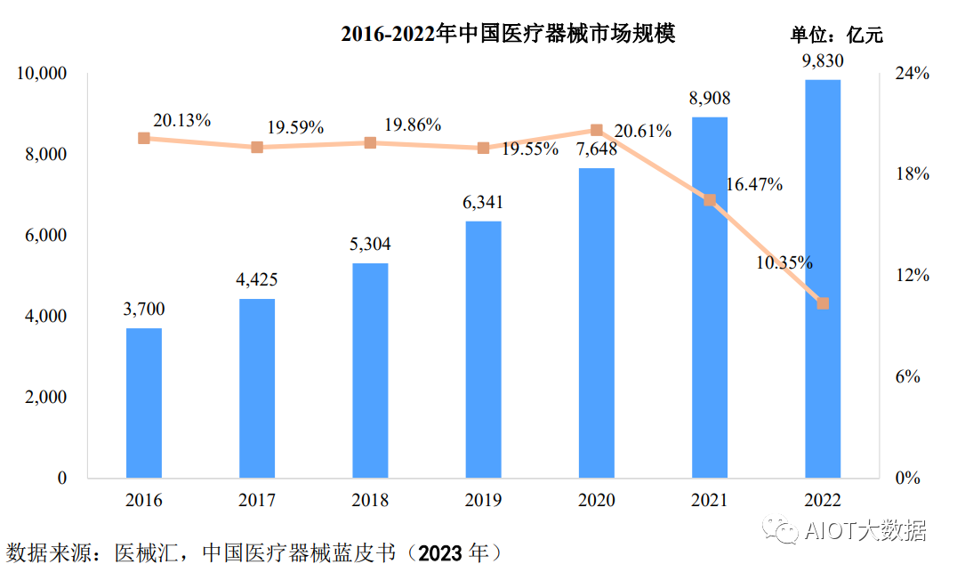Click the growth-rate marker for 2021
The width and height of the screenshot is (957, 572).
[710, 200]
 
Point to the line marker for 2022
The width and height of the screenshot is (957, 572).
[823, 303]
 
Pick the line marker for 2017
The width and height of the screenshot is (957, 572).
[257, 147]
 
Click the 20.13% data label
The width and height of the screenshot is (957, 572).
[181, 120]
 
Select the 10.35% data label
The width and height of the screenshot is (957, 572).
[783, 262]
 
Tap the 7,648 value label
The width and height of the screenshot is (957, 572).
[597, 149]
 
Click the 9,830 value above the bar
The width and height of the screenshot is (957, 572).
[822, 60]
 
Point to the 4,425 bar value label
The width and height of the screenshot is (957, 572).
[257, 280]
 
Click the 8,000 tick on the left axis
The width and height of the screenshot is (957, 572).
[43, 155]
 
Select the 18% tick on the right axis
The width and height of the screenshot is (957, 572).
[912, 174]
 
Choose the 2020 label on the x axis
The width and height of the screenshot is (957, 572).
[596, 501]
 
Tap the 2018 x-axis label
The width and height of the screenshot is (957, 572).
[370, 501]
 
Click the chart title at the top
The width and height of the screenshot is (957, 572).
[508, 34]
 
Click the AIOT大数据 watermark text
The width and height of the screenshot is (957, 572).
[865, 531]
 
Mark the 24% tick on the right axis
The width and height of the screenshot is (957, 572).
[912, 74]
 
